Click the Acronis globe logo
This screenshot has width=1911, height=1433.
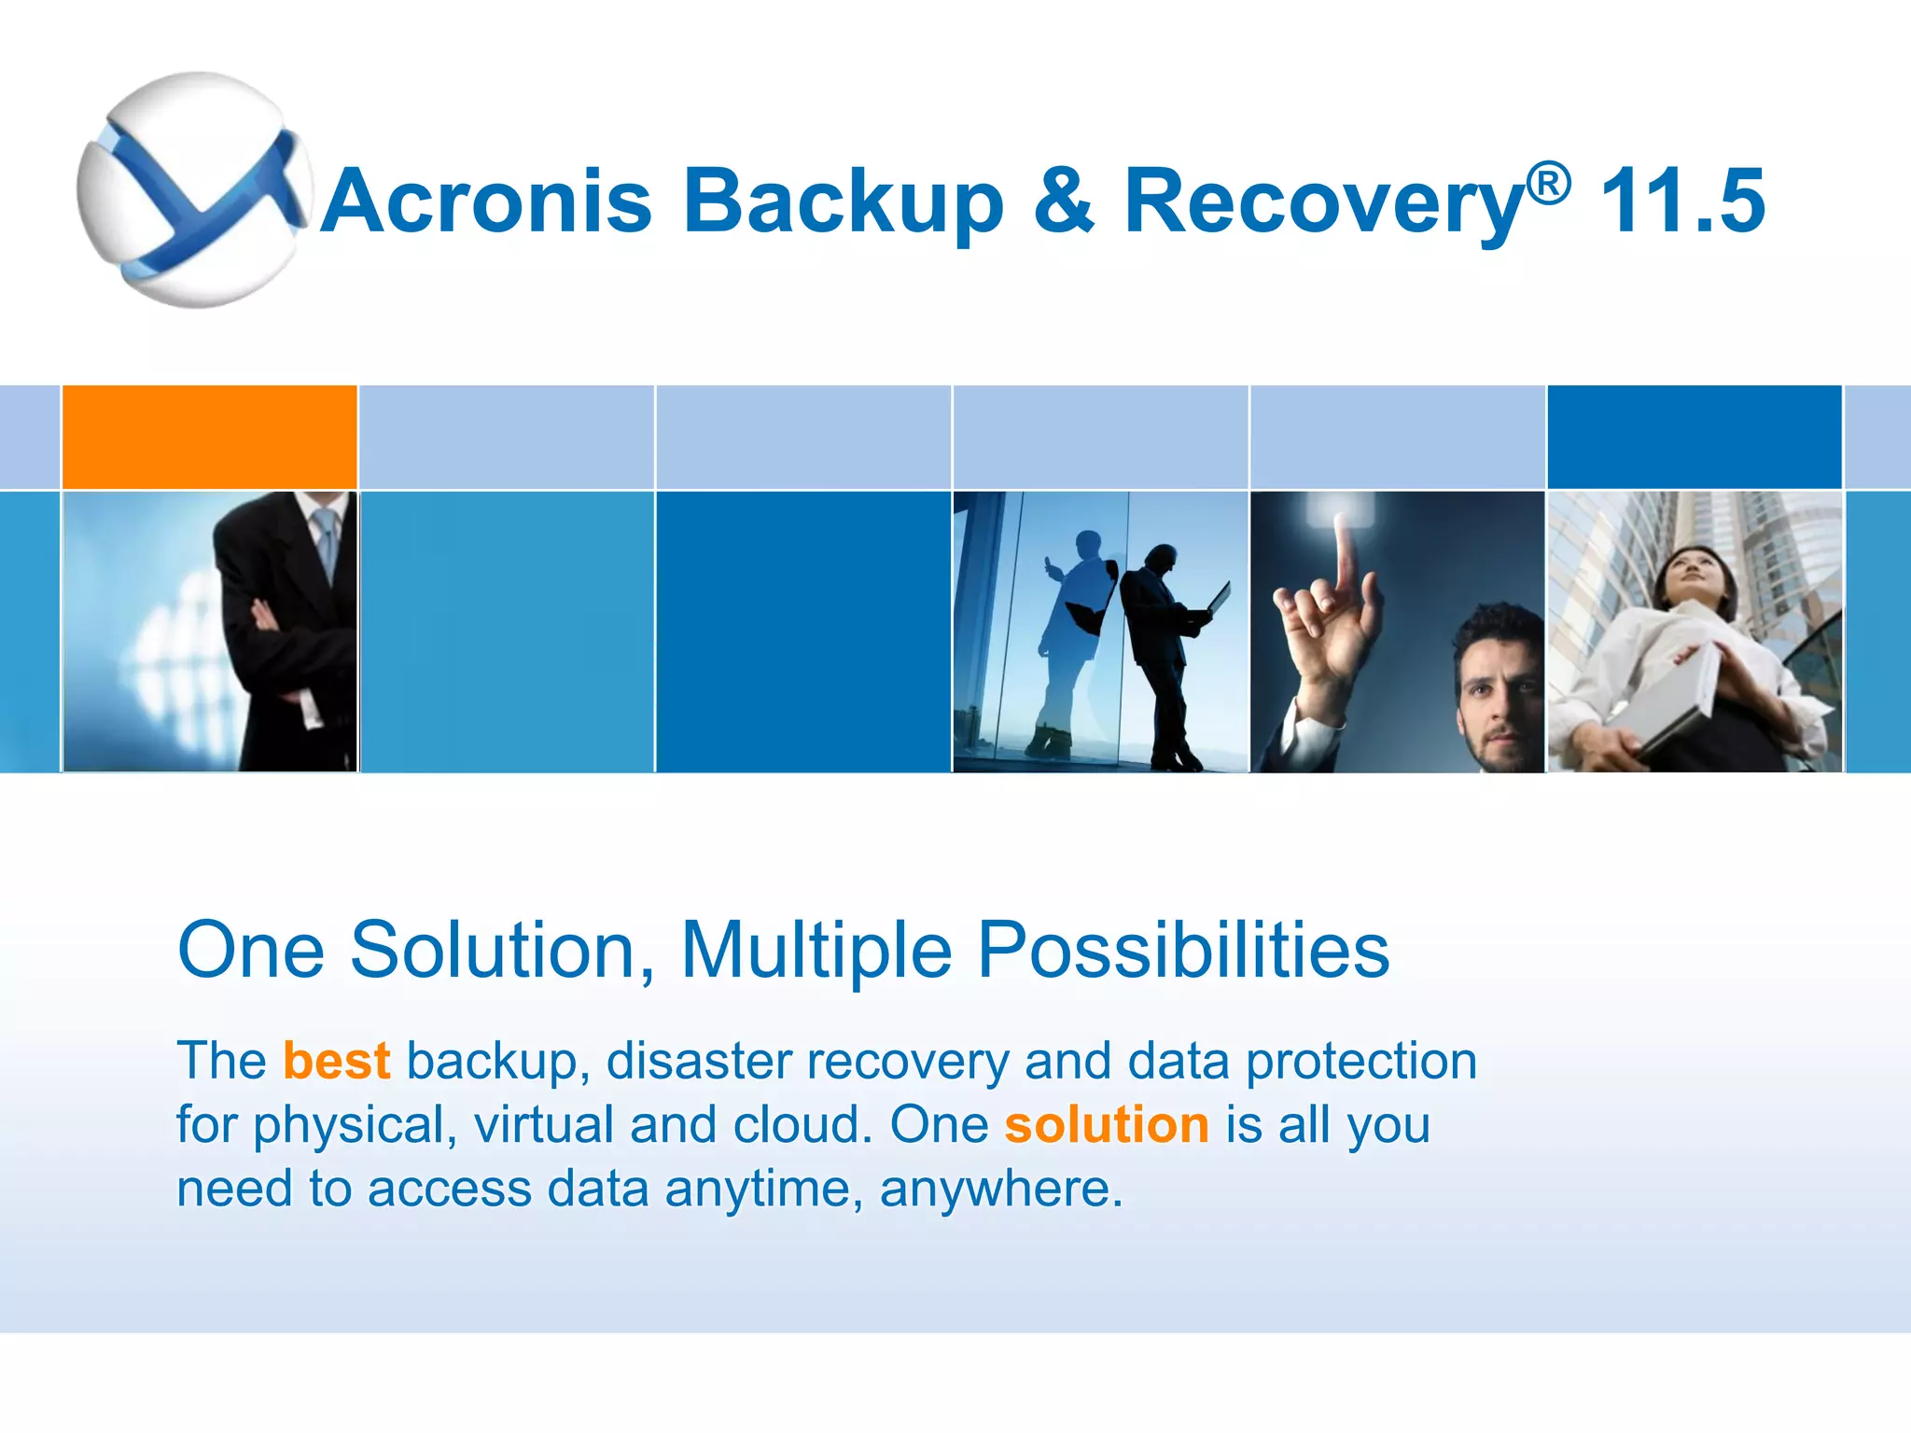[193, 189]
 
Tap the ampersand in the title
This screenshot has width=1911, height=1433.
[1063, 202]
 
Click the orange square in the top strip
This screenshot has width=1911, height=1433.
[210, 437]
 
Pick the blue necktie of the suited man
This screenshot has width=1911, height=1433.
[327, 541]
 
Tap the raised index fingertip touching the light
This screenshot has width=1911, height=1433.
[1341, 522]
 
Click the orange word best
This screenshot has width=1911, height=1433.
[336, 1062]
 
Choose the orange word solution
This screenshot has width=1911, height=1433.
[1107, 1125]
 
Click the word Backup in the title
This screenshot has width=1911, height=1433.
[844, 202]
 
